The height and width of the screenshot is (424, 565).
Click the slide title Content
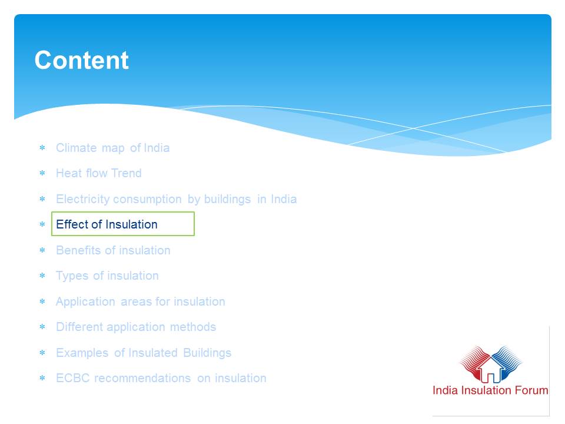(x=81, y=60)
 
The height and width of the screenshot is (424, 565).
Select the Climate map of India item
(x=112, y=148)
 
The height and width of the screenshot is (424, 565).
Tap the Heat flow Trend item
(x=98, y=173)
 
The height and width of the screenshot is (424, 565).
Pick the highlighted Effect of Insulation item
(x=107, y=224)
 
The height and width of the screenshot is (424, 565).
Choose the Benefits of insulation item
(x=113, y=250)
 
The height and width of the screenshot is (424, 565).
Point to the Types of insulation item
(x=107, y=276)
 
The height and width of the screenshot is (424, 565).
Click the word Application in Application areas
(x=85, y=302)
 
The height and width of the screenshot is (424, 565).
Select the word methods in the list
(x=193, y=327)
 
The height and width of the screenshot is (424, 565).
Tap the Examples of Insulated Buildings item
(x=144, y=353)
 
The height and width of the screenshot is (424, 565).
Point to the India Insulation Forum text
(x=490, y=390)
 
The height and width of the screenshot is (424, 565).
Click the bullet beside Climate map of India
(x=42, y=147)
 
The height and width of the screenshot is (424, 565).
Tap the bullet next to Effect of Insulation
(x=42, y=224)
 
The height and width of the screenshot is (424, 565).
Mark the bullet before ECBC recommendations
(x=42, y=378)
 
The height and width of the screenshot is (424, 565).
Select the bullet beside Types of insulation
(x=42, y=276)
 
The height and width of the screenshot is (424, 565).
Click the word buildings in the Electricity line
(x=227, y=200)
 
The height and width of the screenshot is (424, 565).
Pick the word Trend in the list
(x=126, y=173)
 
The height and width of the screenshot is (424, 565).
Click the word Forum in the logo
(x=531, y=390)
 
